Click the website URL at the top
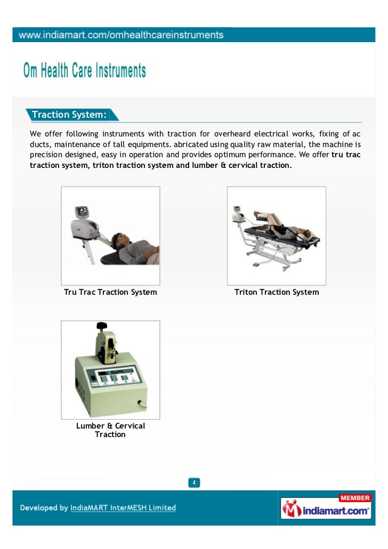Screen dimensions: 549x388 click(x=122, y=35)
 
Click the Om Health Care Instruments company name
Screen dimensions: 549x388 click(x=84, y=71)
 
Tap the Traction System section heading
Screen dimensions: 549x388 click(x=69, y=115)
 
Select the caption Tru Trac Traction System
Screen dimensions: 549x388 click(x=110, y=292)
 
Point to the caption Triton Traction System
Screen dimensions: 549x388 click(x=277, y=292)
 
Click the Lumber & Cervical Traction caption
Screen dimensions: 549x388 click(x=110, y=430)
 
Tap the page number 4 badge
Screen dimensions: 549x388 click(x=194, y=483)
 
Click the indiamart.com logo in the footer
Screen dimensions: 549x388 click(x=326, y=511)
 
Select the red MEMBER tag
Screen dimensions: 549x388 click(x=354, y=498)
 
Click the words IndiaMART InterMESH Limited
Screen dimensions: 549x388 click(x=123, y=508)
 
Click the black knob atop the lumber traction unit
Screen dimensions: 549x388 click(x=101, y=326)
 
